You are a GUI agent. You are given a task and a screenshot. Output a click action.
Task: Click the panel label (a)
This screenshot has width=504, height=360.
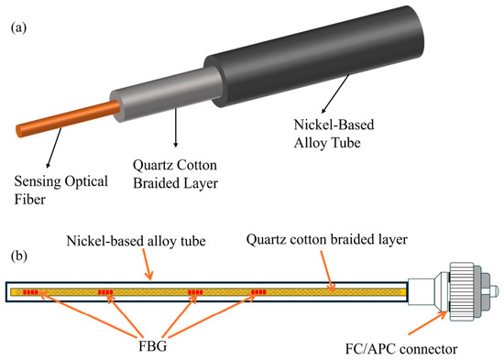coord(18,27)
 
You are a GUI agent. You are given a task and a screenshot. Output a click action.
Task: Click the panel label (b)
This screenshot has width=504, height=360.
coord(19,256)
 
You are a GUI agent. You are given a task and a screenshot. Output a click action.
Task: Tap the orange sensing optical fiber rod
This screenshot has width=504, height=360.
coord(68,118)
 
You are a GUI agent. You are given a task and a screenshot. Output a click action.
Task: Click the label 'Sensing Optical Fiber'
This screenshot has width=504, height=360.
coord(60,191)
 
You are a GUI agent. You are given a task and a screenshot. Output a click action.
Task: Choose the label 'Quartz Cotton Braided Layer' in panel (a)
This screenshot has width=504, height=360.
coord(176,174)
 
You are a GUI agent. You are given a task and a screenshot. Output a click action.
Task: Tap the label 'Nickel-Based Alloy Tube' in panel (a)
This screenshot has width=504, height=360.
coord(334,134)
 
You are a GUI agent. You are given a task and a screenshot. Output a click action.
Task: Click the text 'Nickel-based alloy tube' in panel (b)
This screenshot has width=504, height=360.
coord(136,241)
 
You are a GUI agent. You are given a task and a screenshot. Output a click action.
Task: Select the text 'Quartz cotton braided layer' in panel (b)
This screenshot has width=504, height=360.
coord(327,240)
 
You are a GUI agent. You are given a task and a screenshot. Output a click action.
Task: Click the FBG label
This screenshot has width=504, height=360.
coord(153,346)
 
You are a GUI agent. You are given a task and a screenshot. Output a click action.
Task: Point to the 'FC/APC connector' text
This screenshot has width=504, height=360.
coord(401,349)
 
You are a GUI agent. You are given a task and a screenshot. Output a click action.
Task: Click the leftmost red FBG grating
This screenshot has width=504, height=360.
coord(30,292)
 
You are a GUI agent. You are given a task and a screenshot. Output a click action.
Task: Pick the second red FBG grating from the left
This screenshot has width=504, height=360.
coord(105,292)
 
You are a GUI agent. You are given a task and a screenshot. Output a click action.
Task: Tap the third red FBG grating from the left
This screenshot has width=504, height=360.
coord(195,292)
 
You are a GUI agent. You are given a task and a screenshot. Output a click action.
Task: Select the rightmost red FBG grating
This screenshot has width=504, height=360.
coord(258,292)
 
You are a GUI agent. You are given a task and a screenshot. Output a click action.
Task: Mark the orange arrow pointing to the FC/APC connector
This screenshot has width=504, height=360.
coord(427,323)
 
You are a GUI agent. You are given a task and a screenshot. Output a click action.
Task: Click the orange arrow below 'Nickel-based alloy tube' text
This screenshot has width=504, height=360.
coord(147,264)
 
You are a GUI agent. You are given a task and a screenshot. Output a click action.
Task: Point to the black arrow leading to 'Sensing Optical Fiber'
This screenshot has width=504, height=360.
coord(54,147)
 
